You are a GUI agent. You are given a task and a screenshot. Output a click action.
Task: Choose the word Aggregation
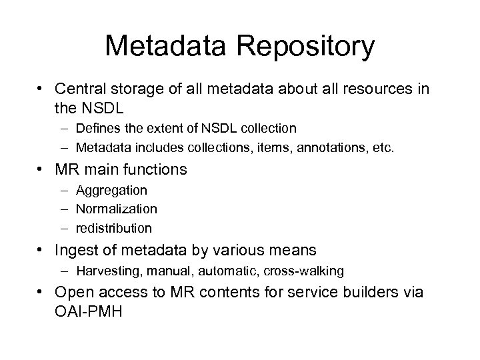click(112, 191)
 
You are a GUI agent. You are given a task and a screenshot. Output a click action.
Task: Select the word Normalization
click(117, 209)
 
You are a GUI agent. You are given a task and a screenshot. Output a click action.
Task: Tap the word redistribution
click(114, 228)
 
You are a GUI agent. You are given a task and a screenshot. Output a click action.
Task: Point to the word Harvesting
click(106, 271)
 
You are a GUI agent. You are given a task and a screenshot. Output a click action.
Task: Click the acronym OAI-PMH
click(90, 311)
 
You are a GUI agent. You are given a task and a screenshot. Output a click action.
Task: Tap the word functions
click(156, 169)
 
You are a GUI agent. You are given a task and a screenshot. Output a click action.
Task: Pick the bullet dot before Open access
click(41, 293)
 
